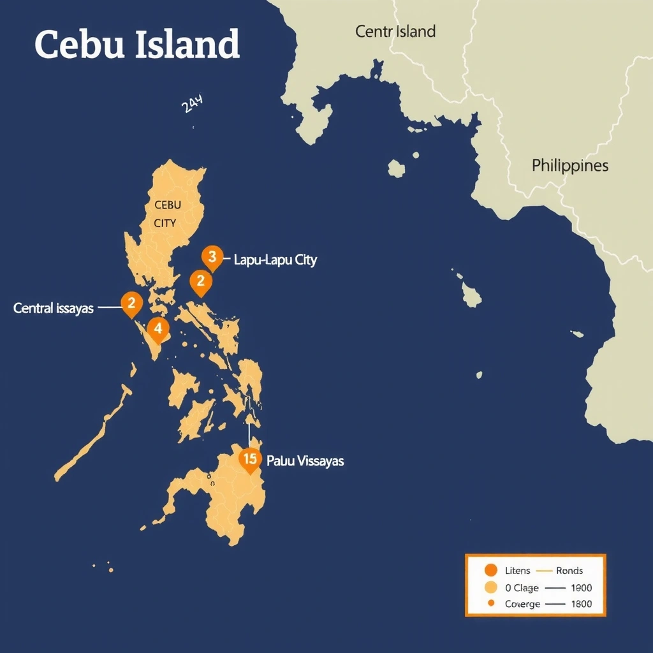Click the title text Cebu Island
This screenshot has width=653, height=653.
[x=137, y=45]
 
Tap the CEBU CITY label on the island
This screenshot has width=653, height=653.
[x=167, y=214]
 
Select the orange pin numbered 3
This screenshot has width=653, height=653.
[x=212, y=257]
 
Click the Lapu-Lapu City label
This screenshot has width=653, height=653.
[x=275, y=260]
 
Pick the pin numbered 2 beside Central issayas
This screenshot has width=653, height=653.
[x=131, y=304]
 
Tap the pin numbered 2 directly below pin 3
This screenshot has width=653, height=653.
[x=201, y=281]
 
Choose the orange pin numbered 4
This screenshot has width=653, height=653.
[x=158, y=329]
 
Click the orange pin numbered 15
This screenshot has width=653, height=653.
[x=250, y=459]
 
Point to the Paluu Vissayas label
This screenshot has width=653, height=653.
[x=305, y=460]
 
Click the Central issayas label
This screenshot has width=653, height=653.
[x=54, y=309]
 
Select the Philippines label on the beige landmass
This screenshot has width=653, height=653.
[x=570, y=166]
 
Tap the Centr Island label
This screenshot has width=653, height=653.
[x=395, y=31]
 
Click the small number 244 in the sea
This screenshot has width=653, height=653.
[x=192, y=104]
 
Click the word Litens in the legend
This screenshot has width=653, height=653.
[x=517, y=571]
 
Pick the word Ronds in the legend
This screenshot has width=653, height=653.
[x=569, y=571]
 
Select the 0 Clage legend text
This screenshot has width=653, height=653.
[x=522, y=587]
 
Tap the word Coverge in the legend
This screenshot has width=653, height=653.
[x=522, y=604]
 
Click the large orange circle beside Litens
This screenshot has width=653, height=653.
[x=490, y=571]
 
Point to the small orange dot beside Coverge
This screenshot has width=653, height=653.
[x=490, y=604]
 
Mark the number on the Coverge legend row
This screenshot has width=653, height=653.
[x=582, y=604]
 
